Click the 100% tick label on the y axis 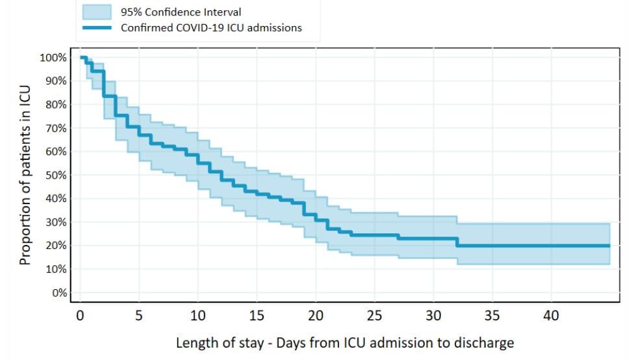(53, 58)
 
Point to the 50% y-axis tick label (55, 175)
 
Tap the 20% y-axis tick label (55, 246)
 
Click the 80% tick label (55, 105)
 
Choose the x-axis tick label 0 (80, 316)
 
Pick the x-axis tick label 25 (375, 316)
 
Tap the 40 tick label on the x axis (551, 316)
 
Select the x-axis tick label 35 (492, 316)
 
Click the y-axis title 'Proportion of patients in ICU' (25, 175)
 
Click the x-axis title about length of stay (345, 342)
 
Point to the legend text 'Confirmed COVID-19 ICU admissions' (211, 28)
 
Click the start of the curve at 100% (81, 58)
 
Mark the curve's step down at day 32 (457, 242)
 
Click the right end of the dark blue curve (609, 246)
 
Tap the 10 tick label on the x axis (197, 316)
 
